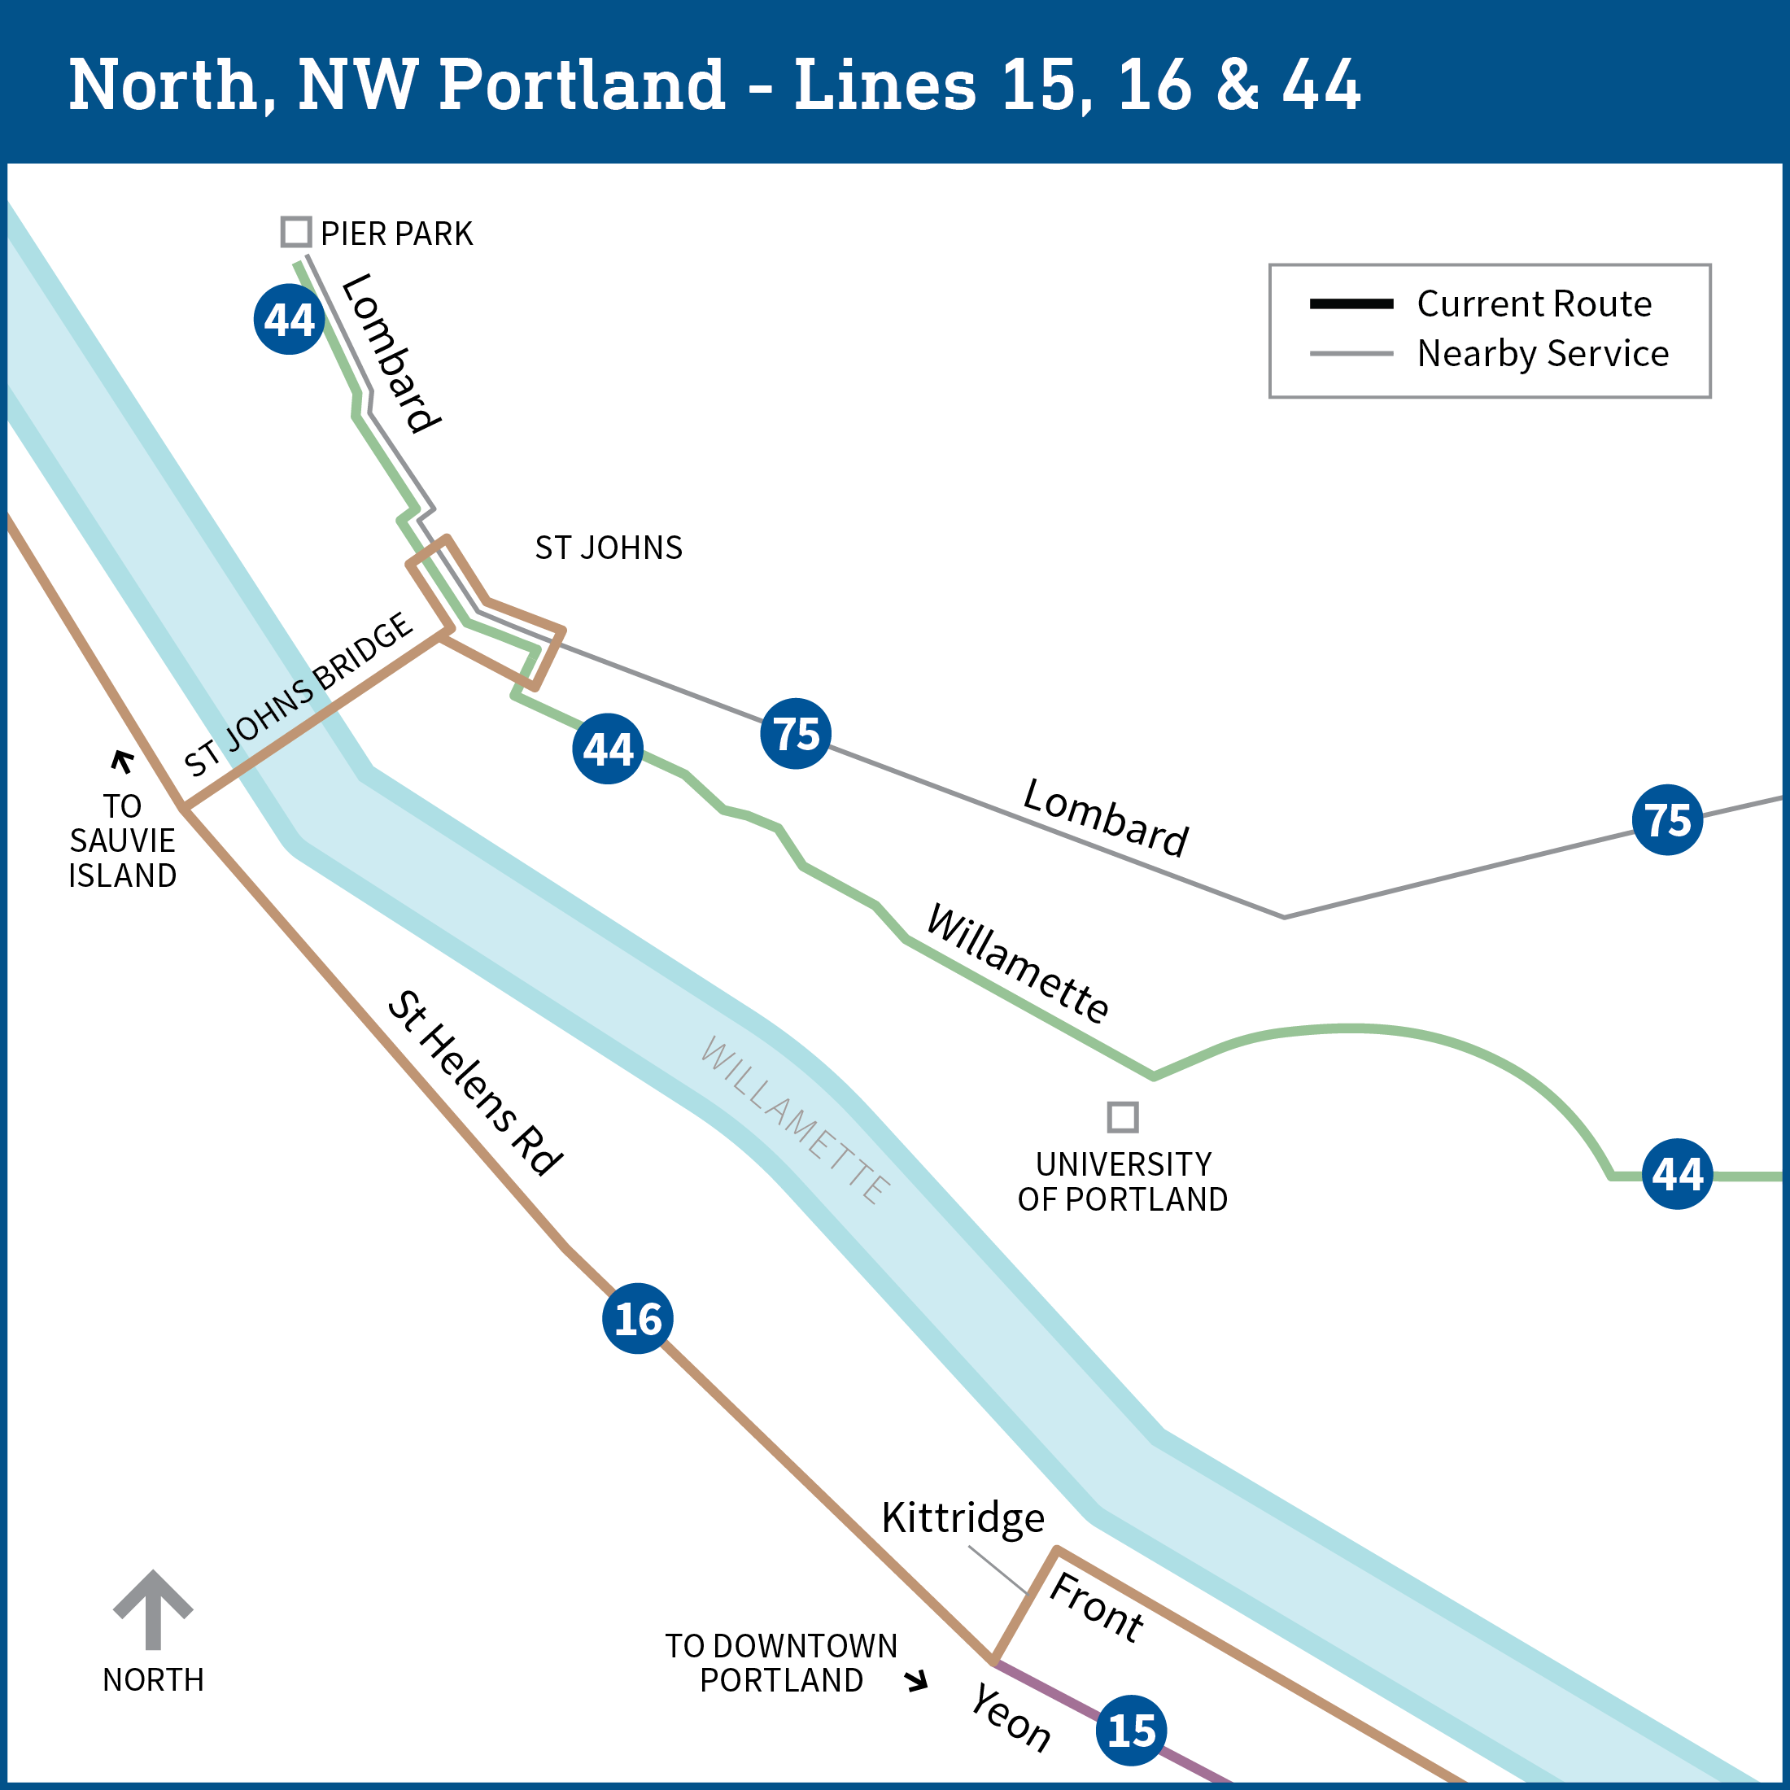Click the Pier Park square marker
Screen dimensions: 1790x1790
(x=295, y=232)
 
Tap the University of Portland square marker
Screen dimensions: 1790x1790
(x=1123, y=1117)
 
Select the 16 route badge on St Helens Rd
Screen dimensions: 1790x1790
(x=637, y=1318)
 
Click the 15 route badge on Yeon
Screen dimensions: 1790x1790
(x=1131, y=1730)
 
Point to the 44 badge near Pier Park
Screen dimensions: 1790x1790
(x=289, y=320)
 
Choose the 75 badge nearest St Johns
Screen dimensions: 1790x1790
(x=796, y=734)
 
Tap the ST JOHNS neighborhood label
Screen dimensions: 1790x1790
(x=609, y=548)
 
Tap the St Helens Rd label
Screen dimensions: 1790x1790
(x=474, y=1084)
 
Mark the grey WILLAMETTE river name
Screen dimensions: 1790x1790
(x=796, y=1120)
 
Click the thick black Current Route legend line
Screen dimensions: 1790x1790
(x=1351, y=303)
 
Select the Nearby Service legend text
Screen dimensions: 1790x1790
(x=1543, y=354)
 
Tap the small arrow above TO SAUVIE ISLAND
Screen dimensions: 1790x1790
(x=122, y=761)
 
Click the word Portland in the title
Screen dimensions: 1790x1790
(x=582, y=85)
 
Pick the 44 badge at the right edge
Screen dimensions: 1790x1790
(x=1677, y=1174)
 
